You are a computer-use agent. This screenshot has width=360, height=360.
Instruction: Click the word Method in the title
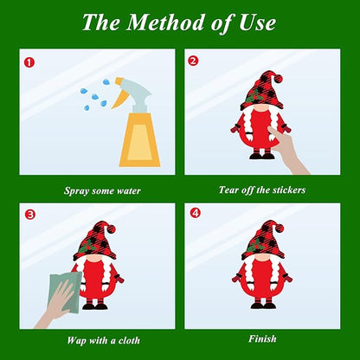click(165, 22)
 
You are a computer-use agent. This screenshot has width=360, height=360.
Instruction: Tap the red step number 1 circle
click(29, 62)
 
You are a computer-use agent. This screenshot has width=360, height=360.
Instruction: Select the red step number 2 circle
click(194, 61)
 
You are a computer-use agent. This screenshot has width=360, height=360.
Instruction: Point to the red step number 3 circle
click(30, 215)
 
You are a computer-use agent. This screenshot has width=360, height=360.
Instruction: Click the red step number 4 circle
click(196, 213)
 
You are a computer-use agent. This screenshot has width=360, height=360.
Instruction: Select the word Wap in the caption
click(76, 341)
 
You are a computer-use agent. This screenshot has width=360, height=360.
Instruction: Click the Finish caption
click(262, 338)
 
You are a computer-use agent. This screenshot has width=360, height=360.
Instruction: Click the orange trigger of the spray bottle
click(120, 93)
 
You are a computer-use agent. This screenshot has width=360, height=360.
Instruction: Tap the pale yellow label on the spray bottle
click(139, 142)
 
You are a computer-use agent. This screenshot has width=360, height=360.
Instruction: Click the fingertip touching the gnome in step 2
click(270, 129)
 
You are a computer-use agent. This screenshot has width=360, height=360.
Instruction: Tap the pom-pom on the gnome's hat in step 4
click(280, 228)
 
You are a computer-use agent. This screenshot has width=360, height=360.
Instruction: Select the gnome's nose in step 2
click(262, 108)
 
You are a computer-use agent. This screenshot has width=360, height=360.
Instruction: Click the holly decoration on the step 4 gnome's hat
click(254, 245)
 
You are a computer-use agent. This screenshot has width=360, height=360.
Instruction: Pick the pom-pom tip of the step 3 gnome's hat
click(111, 229)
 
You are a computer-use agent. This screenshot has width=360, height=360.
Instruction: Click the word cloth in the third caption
click(129, 341)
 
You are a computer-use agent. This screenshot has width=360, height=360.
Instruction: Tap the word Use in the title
click(257, 22)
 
